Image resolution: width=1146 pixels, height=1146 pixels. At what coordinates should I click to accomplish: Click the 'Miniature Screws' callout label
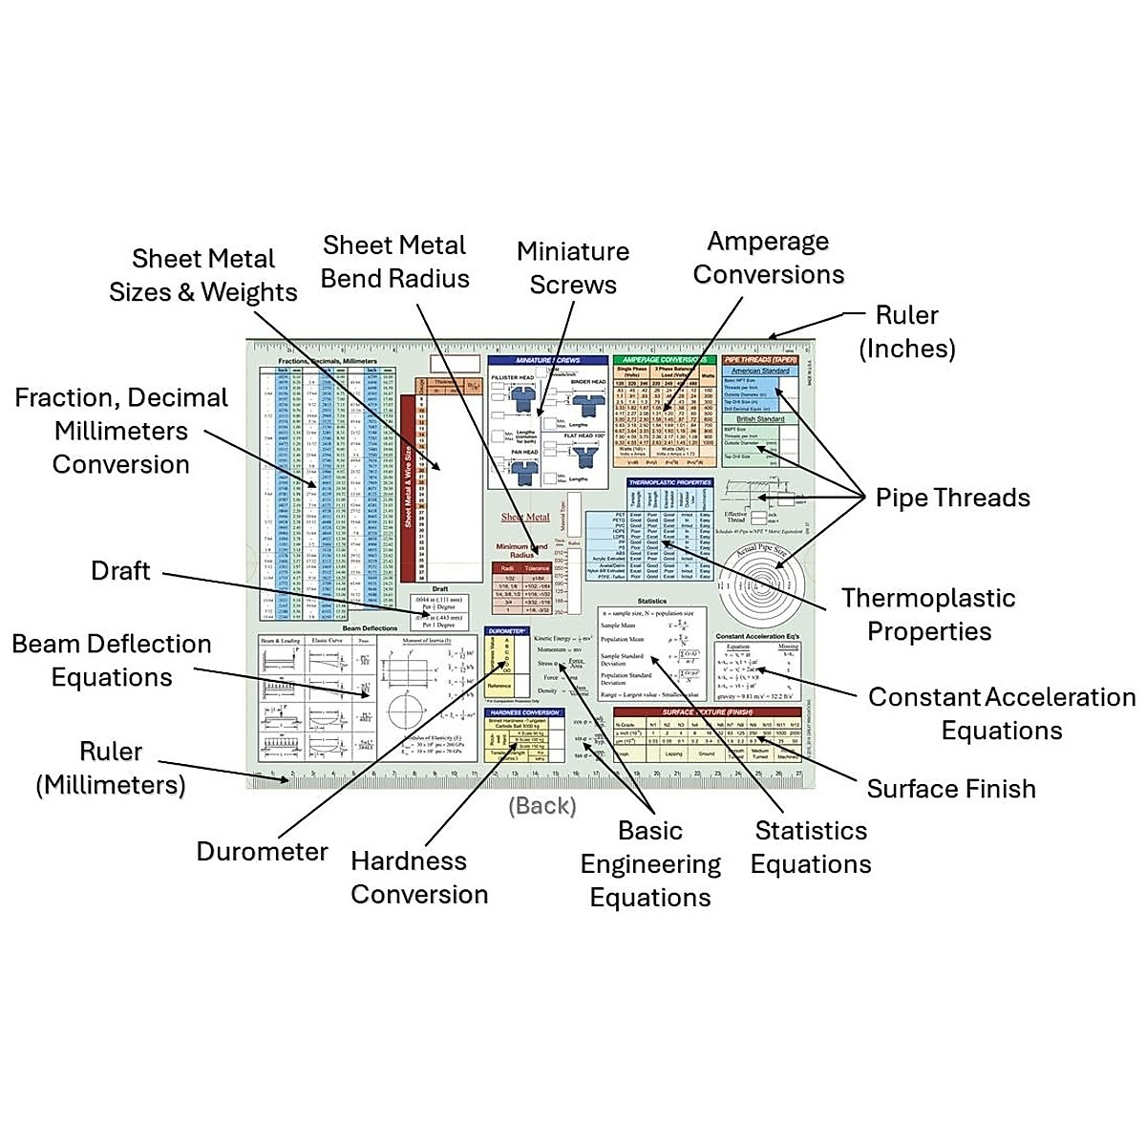573,268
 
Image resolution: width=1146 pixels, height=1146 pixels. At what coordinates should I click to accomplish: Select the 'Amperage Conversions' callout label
769,258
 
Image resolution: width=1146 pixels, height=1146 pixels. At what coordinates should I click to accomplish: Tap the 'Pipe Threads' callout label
952,498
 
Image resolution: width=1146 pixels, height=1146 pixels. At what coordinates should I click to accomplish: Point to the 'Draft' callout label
120,571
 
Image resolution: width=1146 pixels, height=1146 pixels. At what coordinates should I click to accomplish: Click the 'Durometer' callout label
262,852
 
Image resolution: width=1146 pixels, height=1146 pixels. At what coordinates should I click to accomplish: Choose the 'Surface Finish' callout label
951,789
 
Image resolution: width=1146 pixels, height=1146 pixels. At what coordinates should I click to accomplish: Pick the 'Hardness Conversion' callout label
418,878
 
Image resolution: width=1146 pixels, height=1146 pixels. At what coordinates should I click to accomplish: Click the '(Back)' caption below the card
542,806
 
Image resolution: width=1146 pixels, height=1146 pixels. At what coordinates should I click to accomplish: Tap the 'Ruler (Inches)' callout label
906,331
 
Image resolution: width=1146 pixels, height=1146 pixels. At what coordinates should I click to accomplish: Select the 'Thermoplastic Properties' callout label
928,615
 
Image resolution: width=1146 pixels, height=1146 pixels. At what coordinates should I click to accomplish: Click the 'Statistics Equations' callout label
811,847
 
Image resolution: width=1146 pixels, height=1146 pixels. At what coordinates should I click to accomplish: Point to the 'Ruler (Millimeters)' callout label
111,768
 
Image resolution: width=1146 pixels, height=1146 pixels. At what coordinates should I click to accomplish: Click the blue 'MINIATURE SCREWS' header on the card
547,361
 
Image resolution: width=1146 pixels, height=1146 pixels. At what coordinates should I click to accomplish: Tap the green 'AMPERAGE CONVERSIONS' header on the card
665,360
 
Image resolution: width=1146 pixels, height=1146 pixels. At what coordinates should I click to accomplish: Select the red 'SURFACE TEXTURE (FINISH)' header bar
707,712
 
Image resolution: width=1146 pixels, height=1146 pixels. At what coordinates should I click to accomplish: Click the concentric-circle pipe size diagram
754,586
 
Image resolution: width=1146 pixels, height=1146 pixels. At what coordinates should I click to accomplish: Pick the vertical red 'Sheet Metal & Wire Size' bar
408,487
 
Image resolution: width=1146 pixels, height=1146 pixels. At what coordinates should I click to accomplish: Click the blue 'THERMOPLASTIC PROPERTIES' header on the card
669,483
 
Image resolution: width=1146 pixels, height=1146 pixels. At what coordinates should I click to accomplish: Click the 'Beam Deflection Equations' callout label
112,661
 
